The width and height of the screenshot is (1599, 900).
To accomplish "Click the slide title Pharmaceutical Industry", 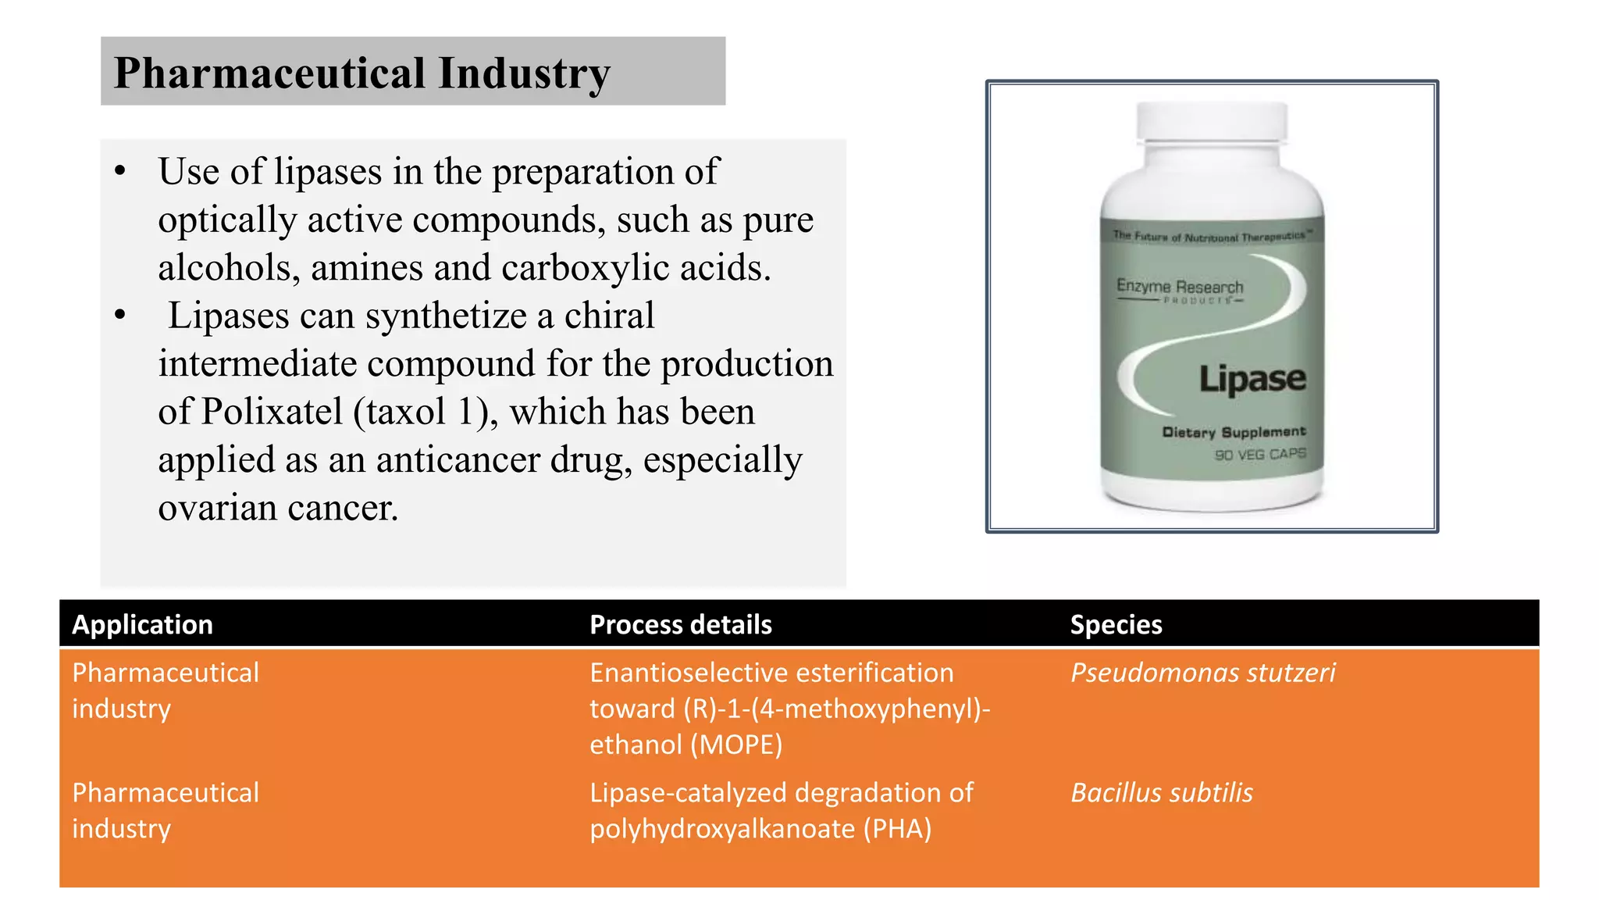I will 361,73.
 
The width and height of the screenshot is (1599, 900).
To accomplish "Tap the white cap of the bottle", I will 1211,123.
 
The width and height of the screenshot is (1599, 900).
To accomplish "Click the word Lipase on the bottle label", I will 1252,379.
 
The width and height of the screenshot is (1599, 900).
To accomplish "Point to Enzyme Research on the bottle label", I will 1179,286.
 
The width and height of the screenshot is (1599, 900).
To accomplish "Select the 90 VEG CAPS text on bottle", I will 1259,454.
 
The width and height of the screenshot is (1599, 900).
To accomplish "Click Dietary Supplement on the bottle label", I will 1234,432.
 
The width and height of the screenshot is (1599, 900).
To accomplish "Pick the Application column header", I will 142,624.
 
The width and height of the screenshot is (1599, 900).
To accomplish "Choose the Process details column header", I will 680,624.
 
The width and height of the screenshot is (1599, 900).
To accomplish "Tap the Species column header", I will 1116,624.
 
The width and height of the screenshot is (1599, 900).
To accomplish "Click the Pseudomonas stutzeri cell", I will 1202,673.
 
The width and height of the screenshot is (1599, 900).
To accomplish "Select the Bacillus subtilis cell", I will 1161,792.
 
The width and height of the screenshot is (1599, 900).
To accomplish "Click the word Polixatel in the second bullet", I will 272,412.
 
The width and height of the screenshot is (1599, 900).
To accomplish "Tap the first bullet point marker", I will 119,172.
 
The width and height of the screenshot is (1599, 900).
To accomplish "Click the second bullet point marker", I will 119,316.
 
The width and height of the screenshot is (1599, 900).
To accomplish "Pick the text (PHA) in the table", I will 897,828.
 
